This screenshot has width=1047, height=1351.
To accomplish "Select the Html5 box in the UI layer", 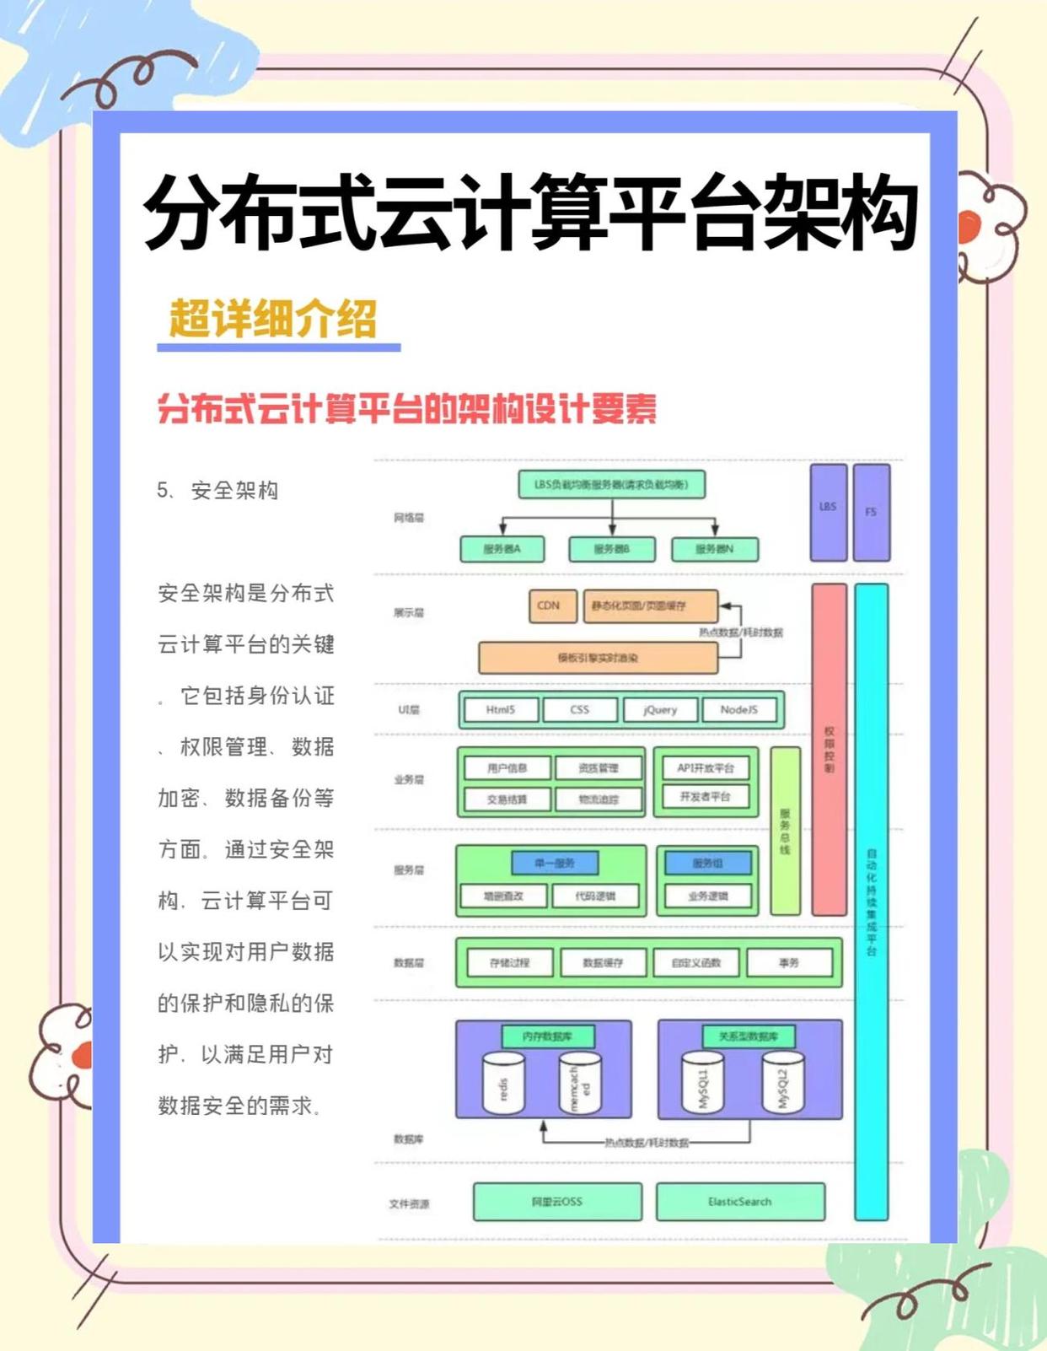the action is [500, 710].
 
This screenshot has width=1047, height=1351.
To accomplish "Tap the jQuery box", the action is [660, 710].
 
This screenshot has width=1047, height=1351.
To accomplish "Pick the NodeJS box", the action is [738, 710].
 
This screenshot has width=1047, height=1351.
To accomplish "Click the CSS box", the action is [580, 710].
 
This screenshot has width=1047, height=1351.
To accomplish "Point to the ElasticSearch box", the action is [739, 1202].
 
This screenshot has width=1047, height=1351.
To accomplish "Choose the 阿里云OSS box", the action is [557, 1202].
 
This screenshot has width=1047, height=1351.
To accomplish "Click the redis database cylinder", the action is [503, 1083].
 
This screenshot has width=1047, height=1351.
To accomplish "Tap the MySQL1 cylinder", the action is [702, 1083].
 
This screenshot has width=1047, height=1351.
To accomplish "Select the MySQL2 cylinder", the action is [782, 1083].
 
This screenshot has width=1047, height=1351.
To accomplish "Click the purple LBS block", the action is [828, 512].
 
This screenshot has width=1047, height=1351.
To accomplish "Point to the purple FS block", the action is [871, 512].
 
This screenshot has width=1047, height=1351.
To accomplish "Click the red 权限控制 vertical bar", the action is [829, 749].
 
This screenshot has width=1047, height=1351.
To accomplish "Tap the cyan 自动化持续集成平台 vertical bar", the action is [872, 902].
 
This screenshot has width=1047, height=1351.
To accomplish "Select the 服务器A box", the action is [502, 549].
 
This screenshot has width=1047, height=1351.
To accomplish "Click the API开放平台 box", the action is [706, 767].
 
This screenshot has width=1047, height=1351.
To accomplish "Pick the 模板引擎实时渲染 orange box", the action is [598, 658].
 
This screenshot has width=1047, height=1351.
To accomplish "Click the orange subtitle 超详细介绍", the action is [272, 320].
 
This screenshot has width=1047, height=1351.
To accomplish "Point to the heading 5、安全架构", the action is [217, 491].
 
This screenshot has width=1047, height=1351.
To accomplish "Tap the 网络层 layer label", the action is [409, 518].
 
